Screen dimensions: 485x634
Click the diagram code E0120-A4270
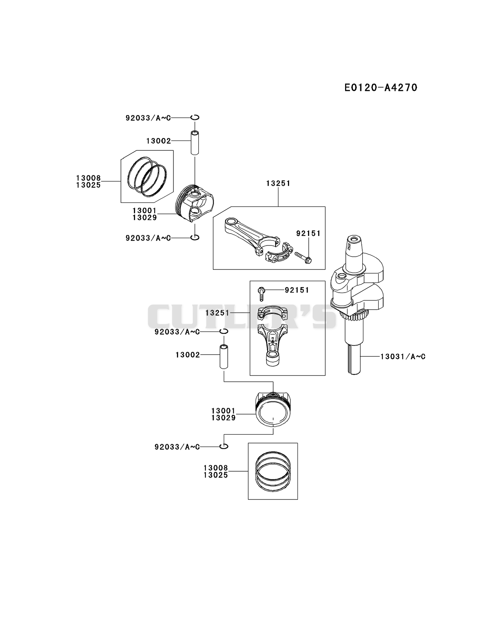[x=381, y=87]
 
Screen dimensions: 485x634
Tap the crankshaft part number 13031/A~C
[x=403, y=356]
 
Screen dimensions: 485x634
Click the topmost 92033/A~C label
[x=148, y=118]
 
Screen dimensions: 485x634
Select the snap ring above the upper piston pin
[x=195, y=117]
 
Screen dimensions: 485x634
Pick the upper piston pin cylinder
[x=195, y=142]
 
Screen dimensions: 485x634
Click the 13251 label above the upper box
[x=278, y=183]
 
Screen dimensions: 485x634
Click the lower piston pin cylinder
[x=224, y=356]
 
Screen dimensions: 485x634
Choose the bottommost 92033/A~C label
[x=177, y=447]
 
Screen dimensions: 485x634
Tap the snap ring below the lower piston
[x=224, y=446]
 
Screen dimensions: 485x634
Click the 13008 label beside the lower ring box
[x=216, y=468]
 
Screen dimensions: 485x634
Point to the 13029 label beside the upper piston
[x=145, y=218]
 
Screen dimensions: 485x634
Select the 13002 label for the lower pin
[x=188, y=355]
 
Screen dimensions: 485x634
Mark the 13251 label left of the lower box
[x=217, y=313]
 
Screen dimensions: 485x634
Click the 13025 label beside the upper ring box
[x=88, y=185]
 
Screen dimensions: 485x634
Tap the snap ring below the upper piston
[x=195, y=237]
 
